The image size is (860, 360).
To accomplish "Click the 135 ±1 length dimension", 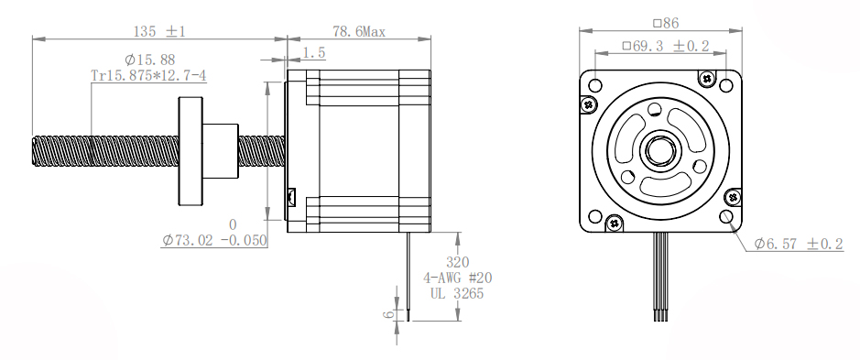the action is (x=159, y=31).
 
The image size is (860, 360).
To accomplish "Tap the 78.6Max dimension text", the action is (x=359, y=32).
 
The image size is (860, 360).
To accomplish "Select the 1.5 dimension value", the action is (x=314, y=53).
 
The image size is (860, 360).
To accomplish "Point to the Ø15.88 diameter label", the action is (x=149, y=60).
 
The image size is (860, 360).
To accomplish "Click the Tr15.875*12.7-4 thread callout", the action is (x=148, y=75).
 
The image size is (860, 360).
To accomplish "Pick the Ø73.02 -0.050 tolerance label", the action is (x=214, y=240).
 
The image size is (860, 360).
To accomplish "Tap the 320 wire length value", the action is (x=457, y=262).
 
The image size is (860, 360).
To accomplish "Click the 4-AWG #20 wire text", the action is (x=457, y=278).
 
